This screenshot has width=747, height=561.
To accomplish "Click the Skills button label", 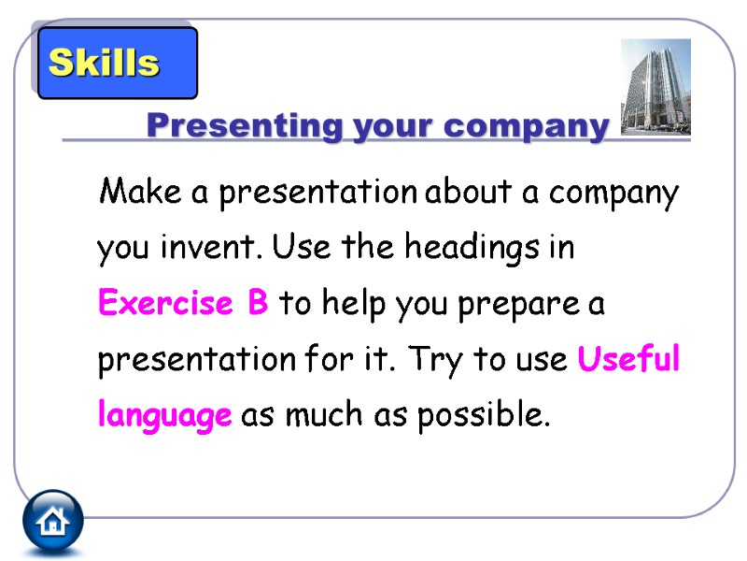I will click(x=104, y=64).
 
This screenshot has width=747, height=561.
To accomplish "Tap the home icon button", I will click(x=53, y=520).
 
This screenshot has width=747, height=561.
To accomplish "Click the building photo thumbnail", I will click(x=655, y=87).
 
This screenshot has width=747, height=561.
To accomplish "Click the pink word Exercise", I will click(x=164, y=304).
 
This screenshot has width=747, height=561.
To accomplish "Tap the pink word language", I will click(x=164, y=416).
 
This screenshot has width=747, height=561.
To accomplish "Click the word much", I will click(x=317, y=416).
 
